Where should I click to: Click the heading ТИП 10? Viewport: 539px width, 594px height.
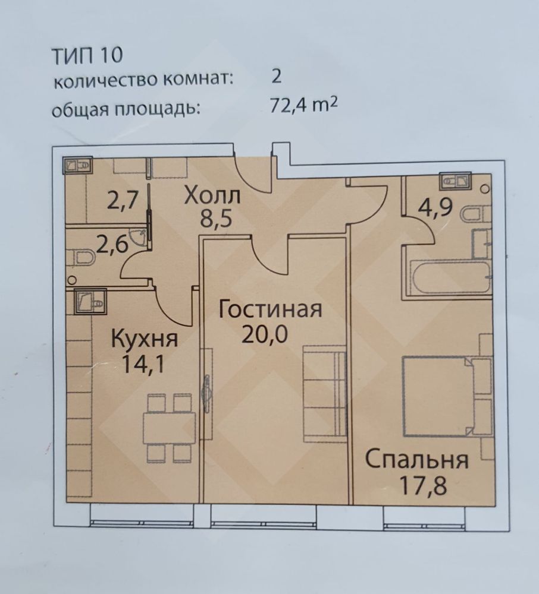pos(87,55)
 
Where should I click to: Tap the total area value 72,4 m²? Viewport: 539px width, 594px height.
pos(303,105)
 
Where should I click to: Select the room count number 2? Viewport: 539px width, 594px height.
pos(277,77)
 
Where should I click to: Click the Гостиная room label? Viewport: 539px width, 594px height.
pos(271,309)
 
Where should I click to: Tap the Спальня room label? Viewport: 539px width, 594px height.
pos(417,460)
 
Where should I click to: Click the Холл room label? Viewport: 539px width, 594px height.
pos(212,196)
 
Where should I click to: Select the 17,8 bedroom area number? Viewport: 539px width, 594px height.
pos(423,486)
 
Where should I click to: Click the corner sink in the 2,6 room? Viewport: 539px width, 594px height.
pos(139,238)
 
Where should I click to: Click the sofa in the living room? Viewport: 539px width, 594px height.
pos(325,394)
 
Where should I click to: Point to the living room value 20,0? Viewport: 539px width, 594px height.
pos(265,334)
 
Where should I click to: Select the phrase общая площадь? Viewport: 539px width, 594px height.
pos(126,109)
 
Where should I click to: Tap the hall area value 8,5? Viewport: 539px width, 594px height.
pos(215,219)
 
